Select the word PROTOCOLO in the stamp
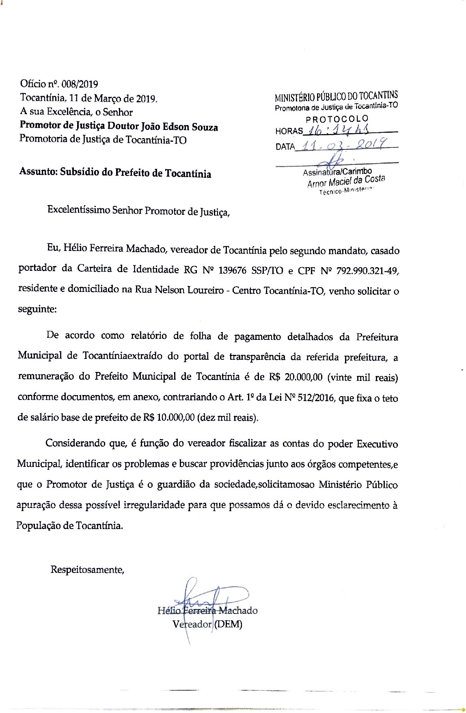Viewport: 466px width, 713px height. [x=337, y=119]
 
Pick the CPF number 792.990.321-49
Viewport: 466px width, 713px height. [x=367, y=270]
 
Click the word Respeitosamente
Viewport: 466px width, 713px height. [x=87, y=569]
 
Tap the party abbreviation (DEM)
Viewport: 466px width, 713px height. [x=228, y=624]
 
